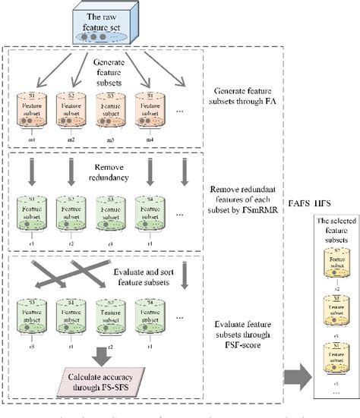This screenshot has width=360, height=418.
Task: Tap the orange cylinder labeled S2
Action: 71,112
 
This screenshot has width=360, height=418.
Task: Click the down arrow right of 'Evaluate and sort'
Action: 185,282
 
